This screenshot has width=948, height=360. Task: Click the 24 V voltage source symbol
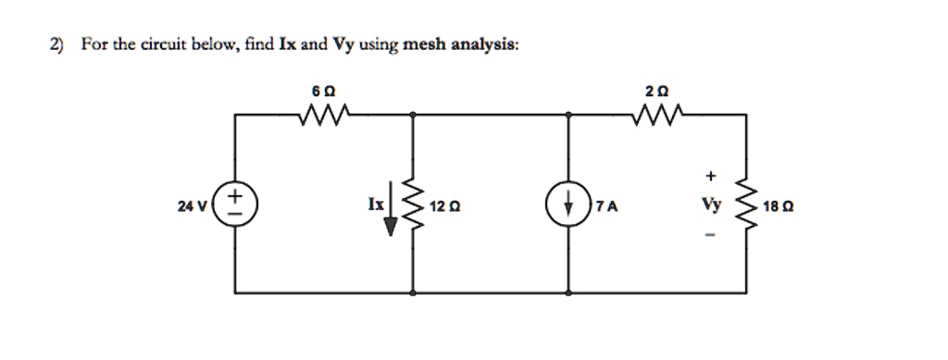pyautogui.click(x=234, y=204)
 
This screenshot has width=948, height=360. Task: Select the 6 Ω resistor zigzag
pyautogui.click(x=323, y=115)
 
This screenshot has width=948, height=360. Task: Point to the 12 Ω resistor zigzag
pyautogui.click(x=413, y=204)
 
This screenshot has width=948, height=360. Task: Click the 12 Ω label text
pyautogui.click(x=443, y=205)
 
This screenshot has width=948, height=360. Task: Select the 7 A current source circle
pyautogui.click(x=568, y=204)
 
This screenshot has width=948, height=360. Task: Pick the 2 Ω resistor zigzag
pyautogui.click(x=658, y=115)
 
